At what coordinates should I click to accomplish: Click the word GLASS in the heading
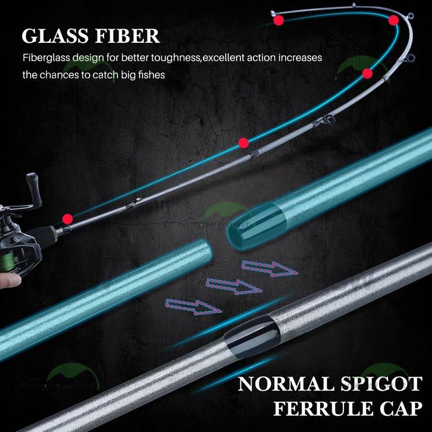click(56, 36)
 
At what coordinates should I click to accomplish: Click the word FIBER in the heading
click(127, 36)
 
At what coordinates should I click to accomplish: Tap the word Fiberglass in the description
click(46, 58)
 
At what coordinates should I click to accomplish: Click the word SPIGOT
click(381, 384)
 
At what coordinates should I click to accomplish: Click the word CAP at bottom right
click(402, 408)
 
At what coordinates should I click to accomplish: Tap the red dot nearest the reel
click(67, 219)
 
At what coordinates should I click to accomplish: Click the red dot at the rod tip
click(278, 21)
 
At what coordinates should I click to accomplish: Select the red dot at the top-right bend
click(393, 20)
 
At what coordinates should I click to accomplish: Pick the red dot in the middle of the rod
click(243, 143)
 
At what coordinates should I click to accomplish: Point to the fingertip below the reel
click(11, 280)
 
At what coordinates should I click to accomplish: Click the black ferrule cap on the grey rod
click(252, 336)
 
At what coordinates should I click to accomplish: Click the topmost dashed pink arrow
click(270, 268)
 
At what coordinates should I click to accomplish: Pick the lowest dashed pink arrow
click(193, 307)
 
